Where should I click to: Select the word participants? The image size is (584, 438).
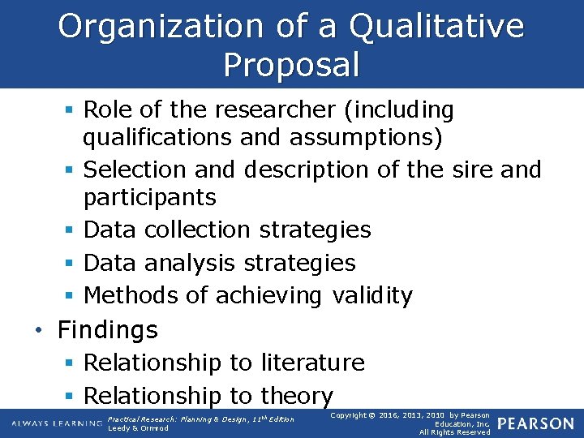tap(149, 198)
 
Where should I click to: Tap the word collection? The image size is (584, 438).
tap(198, 230)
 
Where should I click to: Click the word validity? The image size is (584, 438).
tap(372, 296)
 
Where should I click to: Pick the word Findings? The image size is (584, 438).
tap(108, 330)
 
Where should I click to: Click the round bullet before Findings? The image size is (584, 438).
tap(39, 331)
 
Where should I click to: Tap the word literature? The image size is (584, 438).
tap(313, 363)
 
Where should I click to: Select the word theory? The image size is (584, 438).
tap(297, 396)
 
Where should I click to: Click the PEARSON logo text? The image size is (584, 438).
tap(536, 423)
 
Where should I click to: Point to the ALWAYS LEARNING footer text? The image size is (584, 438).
tap(56, 423)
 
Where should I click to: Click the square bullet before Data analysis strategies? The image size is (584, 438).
tap(71, 264)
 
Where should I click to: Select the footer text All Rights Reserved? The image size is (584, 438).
tap(454, 432)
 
